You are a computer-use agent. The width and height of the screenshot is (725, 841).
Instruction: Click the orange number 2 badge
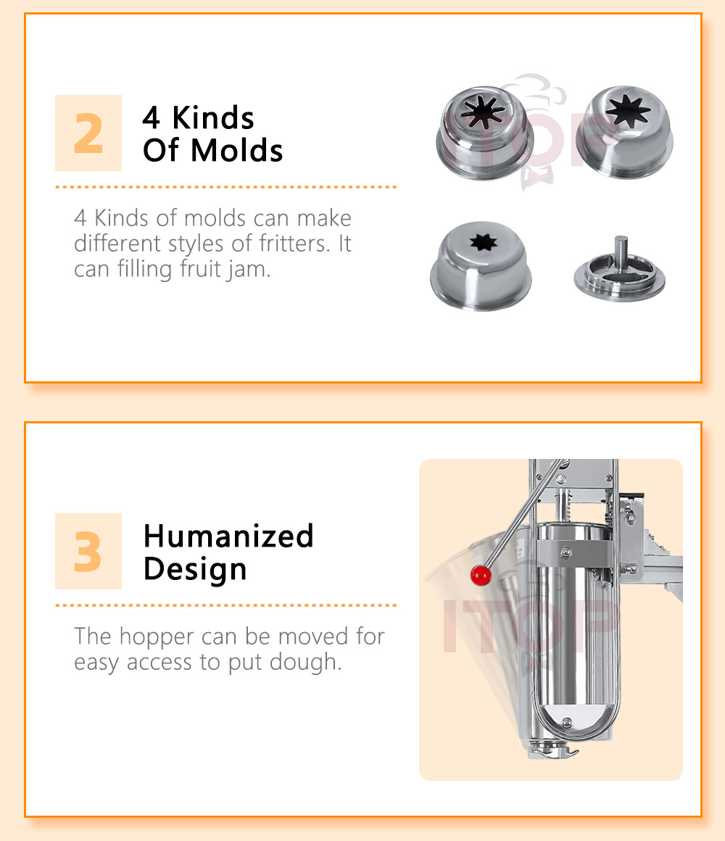coord(88,133)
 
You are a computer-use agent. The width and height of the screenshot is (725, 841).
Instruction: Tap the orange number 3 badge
coord(88,552)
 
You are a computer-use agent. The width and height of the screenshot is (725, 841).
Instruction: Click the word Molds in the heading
coord(236,150)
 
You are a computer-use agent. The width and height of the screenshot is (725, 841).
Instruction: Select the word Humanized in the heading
coord(228,536)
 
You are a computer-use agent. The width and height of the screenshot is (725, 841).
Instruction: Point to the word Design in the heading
coord(195,570)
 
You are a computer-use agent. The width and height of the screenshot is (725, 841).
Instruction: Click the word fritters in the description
coord(294,244)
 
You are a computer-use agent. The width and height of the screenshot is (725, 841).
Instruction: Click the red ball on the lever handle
coord(481,575)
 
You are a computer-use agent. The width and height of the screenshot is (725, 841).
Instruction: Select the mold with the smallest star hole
coord(481,266)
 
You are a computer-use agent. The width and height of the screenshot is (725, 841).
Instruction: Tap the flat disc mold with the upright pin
coord(619,271)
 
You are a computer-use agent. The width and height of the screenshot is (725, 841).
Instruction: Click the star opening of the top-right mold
coord(627,111)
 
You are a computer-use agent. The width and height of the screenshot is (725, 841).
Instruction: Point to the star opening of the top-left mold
coord(483,112)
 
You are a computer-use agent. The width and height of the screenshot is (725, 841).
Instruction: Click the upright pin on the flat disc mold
coord(621,253)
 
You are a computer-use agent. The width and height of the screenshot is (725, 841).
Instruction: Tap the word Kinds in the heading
coord(213,117)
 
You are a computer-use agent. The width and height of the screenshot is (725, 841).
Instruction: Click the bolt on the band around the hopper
coord(566,552)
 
